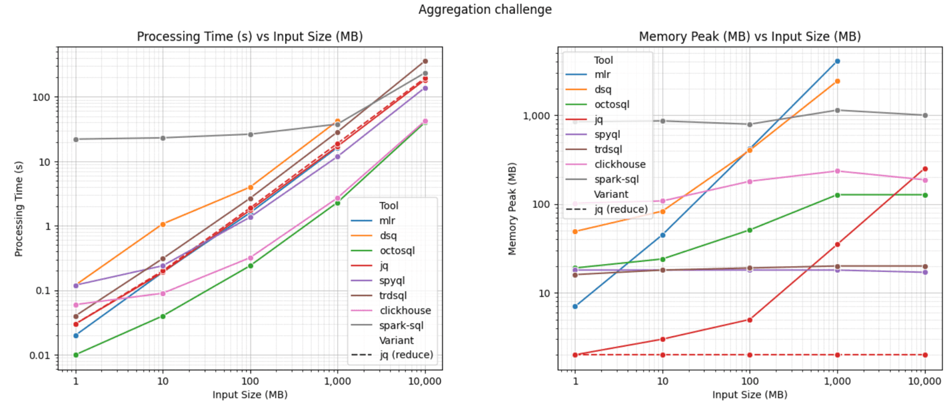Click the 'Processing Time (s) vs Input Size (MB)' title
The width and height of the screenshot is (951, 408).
(250, 37)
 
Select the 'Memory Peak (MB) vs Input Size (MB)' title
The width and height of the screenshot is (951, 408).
(749, 37)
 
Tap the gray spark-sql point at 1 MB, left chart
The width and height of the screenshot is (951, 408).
(76, 139)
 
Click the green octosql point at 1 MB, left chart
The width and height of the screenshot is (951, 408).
(76, 355)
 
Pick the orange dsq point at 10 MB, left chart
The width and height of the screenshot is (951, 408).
(163, 224)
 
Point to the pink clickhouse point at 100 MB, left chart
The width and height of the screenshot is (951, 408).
(250, 258)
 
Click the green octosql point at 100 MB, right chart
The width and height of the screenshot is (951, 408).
(749, 230)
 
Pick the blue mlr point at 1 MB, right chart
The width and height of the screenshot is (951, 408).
(575, 306)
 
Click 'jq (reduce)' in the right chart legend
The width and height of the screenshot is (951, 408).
(619, 209)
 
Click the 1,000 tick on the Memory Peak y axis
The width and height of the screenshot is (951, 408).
(542, 115)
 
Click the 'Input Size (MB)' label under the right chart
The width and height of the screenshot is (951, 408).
(749, 395)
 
